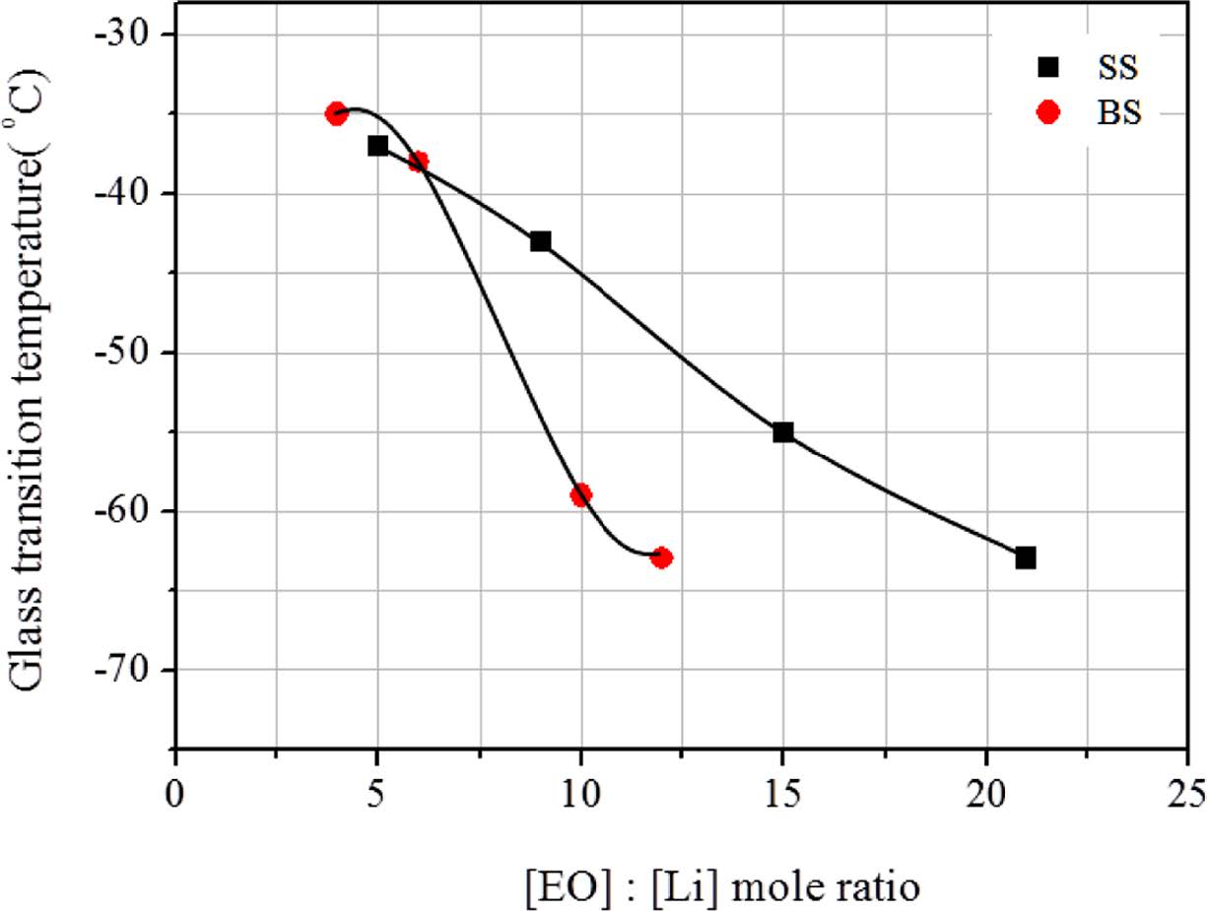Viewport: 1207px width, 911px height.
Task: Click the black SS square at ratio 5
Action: [x=378, y=146]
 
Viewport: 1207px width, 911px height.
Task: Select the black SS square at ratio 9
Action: [x=540, y=241]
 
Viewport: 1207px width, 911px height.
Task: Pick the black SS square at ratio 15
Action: [x=783, y=431]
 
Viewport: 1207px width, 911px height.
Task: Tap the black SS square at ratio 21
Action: [x=1026, y=557]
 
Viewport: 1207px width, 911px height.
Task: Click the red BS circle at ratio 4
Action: [x=337, y=113]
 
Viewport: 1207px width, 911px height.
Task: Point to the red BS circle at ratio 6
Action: [x=418, y=162]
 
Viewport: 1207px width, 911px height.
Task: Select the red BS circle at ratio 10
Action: [x=580, y=494]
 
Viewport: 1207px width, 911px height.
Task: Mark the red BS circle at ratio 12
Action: [x=661, y=557]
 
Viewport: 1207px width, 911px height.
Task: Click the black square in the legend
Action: [x=1048, y=67]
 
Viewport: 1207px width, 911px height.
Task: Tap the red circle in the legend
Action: [x=1048, y=112]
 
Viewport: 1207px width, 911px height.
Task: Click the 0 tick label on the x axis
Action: [x=175, y=792]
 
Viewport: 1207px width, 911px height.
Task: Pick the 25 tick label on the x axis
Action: [x=1187, y=792]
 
